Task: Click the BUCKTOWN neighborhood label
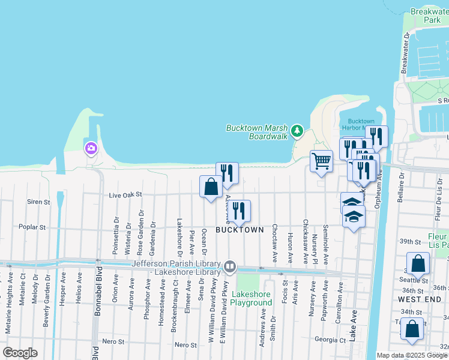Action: pos(240,230)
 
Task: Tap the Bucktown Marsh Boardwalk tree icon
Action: pos(296,130)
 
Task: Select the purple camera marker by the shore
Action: pos(91,148)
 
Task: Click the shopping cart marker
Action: pos(321,161)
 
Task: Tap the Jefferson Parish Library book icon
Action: pos(229,266)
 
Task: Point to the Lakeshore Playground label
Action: pos(252,298)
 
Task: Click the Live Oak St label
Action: pos(125,195)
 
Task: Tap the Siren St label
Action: pos(38,202)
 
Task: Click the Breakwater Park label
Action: pos(426,16)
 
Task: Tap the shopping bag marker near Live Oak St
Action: pos(211,186)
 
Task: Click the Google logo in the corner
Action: pos(20,352)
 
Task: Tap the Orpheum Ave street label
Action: pos(378,187)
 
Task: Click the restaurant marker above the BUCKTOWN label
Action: pos(239,211)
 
